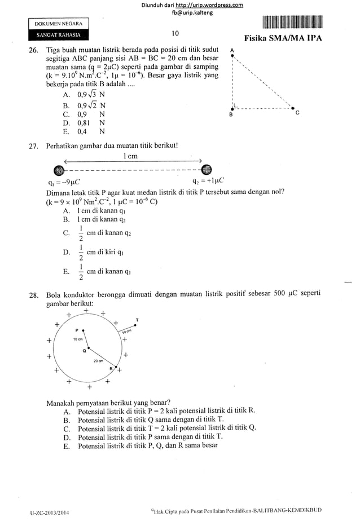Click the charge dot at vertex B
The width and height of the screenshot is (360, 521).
pyautogui.click(x=232, y=108)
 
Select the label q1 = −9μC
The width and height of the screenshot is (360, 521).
pyautogui.click(x=64, y=182)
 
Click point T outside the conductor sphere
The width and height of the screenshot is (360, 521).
pyautogui.click(x=135, y=325)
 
